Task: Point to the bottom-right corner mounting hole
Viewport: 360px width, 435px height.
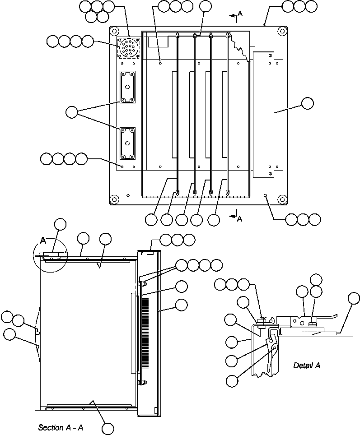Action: [x=282, y=199]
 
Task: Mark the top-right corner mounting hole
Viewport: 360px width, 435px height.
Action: [x=282, y=31]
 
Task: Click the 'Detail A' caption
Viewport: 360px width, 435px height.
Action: [x=306, y=366]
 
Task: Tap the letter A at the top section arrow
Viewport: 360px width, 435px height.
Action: [x=240, y=14]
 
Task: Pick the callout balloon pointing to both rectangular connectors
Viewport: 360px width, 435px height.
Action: [x=72, y=112]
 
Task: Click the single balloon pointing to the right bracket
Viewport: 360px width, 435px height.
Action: [x=307, y=103]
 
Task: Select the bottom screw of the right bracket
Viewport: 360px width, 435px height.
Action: [x=270, y=172]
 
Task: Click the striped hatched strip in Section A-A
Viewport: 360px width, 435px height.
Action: [x=145, y=333]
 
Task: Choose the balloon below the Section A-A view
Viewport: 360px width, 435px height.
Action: [x=108, y=428]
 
